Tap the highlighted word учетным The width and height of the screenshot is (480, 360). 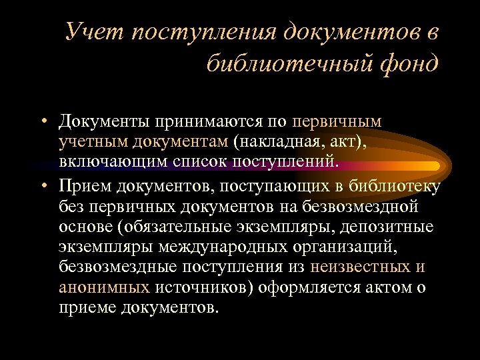tap(94, 142)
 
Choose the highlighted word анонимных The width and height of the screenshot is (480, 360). tap(103, 287)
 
